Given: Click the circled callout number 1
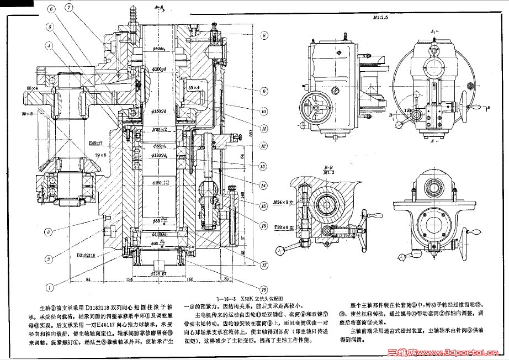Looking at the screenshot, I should click(x=50, y=287).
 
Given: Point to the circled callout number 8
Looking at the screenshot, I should click(x=264, y=35).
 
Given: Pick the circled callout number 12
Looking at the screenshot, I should click(x=264, y=146).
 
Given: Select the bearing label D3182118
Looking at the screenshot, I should click(x=86, y=255).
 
